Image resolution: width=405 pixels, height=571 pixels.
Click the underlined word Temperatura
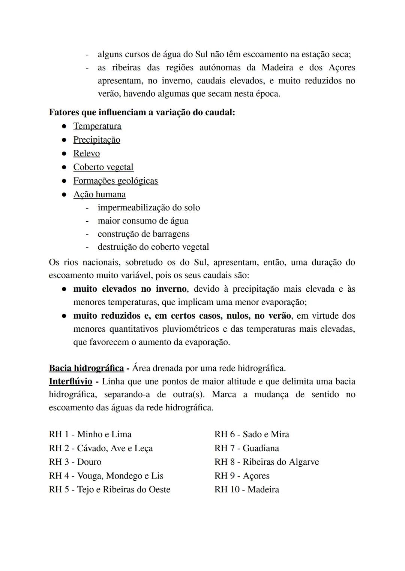click(x=97, y=126)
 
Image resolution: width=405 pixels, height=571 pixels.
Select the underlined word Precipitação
click(x=97, y=140)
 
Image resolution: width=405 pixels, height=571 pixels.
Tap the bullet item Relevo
click(x=86, y=154)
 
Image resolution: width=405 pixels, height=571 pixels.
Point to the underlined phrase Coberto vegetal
click(x=103, y=167)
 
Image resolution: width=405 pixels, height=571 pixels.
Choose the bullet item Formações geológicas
click(x=115, y=181)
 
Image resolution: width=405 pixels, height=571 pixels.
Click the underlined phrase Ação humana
click(x=99, y=194)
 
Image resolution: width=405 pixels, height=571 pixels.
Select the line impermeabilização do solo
click(x=148, y=207)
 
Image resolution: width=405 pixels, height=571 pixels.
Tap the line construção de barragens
click(x=143, y=234)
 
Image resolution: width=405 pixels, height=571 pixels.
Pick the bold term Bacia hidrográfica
click(x=86, y=368)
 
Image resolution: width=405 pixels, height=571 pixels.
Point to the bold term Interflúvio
click(x=70, y=382)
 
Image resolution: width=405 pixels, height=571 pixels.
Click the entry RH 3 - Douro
click(x=75, y=462)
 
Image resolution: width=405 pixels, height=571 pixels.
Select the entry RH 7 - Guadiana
click(x=246, y=448)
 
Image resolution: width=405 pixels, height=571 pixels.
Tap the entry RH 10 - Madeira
click(x=246, y=489)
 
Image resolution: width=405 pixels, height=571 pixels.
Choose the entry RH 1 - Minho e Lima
click(x=90, y=434)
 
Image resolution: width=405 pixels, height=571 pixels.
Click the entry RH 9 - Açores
click(x=242, y=476)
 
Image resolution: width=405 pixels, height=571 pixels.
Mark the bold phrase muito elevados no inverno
click(x=130, y=289)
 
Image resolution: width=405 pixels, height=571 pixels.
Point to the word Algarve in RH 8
click(x=303, y=462)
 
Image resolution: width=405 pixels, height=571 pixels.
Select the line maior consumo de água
click(x=143, y=221)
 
